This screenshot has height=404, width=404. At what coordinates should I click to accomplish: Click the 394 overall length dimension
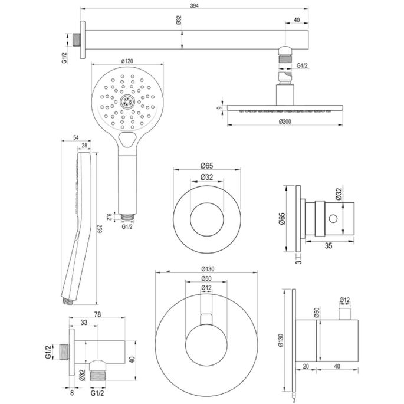tap(192, 5)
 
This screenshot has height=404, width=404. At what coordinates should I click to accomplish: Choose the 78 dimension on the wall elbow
tap(98, 315)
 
